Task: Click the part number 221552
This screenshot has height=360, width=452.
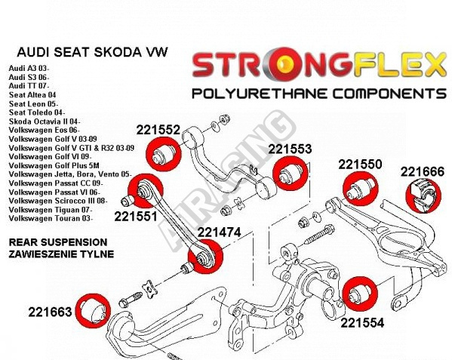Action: point(158,130)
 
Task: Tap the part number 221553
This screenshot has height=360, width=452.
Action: point(290,149)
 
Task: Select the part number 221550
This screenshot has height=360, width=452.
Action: point(360,165)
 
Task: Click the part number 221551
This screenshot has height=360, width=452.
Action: point(136,217)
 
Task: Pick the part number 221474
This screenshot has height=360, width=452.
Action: point(219,232)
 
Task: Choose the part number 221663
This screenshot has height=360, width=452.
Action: point(50,312)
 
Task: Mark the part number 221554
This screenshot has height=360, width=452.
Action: point(362,322)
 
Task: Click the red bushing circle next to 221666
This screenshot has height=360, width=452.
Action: point(423,195)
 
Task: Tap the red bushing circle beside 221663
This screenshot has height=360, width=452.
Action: point(94,311)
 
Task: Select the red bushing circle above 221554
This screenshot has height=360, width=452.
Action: point(360,294)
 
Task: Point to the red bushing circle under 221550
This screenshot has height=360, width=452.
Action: point(361,188)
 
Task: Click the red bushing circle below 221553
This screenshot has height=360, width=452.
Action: point(291,174)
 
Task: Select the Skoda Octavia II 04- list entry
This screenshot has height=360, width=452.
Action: point(45,122)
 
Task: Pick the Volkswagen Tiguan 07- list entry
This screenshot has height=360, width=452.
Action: point(51,210)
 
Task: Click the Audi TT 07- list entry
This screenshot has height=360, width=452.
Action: point(29,86)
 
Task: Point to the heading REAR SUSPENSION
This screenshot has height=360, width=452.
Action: point(58,242)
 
